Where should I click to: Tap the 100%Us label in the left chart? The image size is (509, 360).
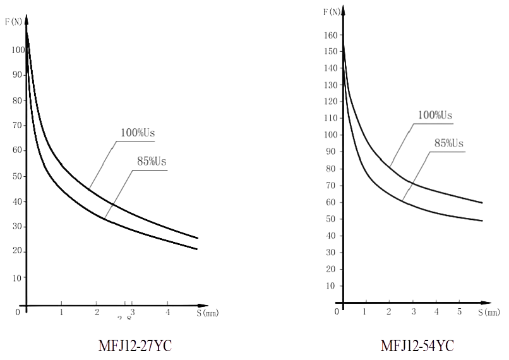pos(138,133)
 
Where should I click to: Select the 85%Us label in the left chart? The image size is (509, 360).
pos(152,161)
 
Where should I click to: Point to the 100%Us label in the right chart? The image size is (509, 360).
pos(436,115)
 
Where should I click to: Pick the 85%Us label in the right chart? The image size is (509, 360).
pos(449,143)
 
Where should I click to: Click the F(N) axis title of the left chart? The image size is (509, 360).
pos(13,21)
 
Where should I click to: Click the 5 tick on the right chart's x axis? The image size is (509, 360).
pos(459,311)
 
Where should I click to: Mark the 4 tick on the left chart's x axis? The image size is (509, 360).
pos(167,311)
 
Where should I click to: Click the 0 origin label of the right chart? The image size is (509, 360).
pos(337,311)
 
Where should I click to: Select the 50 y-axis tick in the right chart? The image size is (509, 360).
pos(330,219)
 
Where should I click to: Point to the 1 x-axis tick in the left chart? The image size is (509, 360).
pos(61,311)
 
